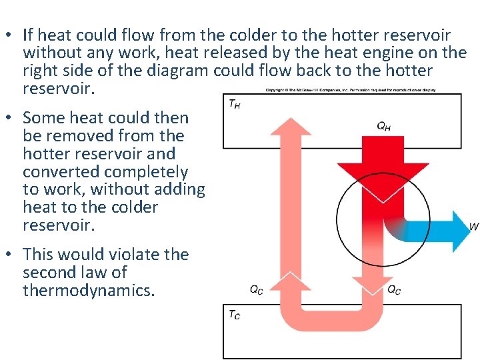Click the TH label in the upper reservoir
tap(235, 104)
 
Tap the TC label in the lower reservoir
tap(234, 315)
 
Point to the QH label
tap(383, 126)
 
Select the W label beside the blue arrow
tap(474, 227)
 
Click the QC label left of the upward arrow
tap(256, 289)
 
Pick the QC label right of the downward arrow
tap(394, 289)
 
